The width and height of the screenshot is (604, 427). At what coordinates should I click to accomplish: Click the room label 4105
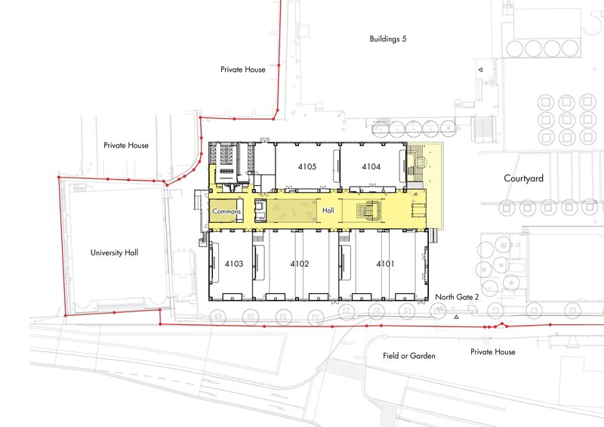[307, 166]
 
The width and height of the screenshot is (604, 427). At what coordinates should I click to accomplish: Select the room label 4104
[371, 166]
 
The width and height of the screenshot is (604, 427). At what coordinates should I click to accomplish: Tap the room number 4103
[234, 264]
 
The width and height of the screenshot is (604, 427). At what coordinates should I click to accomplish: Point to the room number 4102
[299, 264]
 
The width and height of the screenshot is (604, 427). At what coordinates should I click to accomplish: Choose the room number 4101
[385, 264]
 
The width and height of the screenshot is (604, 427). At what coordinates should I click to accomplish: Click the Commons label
[226, 212]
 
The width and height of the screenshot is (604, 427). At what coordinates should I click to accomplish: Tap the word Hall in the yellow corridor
[328, 210]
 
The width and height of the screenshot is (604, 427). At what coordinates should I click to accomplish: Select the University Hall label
[114, 252]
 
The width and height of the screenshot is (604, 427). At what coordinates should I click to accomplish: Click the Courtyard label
[523, 178]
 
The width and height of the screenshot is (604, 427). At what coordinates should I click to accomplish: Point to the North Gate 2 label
[457, 297]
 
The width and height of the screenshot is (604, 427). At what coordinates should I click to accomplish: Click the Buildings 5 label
[388, 39]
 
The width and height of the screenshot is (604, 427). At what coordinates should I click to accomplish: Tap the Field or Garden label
[409, 356]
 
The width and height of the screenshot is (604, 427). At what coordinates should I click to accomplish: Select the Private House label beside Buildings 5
[242, 70]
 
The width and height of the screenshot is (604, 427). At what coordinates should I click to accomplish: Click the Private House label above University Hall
[126, 145]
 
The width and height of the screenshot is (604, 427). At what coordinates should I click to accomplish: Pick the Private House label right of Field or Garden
[493, 351]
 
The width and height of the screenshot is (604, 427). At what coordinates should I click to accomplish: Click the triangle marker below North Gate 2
[456, 317]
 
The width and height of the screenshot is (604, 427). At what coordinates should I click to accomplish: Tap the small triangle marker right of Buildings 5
[480, 70]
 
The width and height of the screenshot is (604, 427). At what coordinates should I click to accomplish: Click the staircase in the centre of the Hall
[369, 210]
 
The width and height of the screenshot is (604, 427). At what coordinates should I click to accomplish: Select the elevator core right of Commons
[260, 211]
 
